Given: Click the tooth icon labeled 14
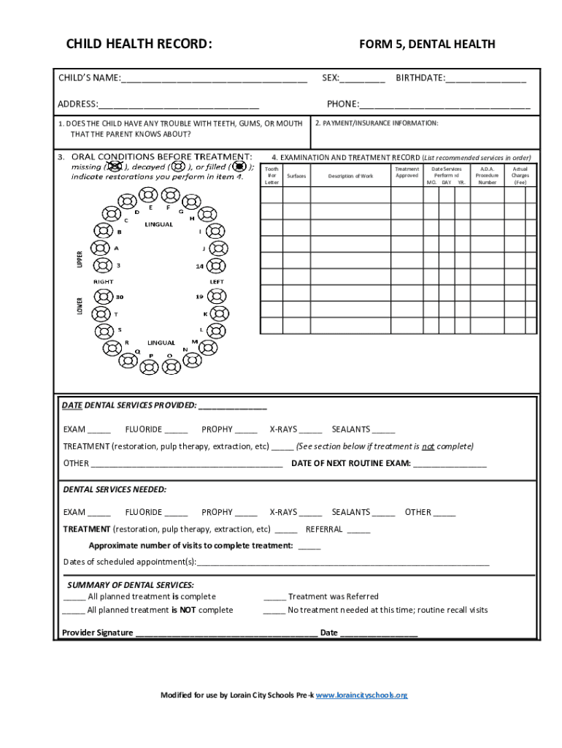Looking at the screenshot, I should [217, 267].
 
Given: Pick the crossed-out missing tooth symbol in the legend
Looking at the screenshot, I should [113, 167].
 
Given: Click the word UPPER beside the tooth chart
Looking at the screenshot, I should [80, 258].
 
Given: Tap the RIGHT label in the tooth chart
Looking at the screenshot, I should [103, 281].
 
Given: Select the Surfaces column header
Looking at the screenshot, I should [296, 176].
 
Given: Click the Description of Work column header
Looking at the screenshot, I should [350, 176].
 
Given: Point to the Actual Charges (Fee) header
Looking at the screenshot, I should [520, 176].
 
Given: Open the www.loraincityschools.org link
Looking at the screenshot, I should [361, 695].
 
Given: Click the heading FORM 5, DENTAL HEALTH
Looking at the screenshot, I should [427, 45].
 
